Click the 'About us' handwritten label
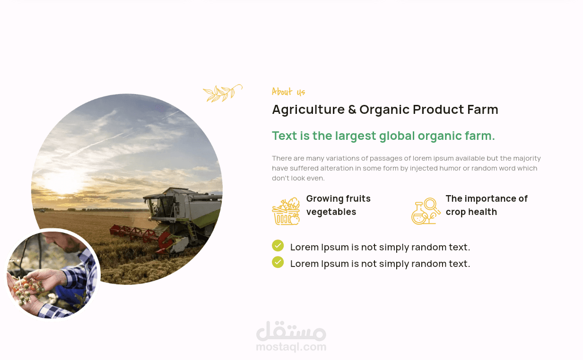(x=288, y=92)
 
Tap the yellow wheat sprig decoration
(x=223, y=93)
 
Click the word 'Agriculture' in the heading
(x=308, y=110)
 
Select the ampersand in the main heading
(x=352, y=109)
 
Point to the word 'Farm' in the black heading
(x=483, y=109)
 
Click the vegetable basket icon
(x=286, y=211)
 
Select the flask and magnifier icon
(x=426, y=211)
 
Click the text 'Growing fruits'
(x=339, y=198)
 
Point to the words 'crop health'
(x=471, y=212)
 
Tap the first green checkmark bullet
(x=278, y=246)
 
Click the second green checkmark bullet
(x=278, y=262)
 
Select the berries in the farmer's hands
(x=26, y=287)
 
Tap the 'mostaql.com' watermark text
(x=291, y=347)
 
